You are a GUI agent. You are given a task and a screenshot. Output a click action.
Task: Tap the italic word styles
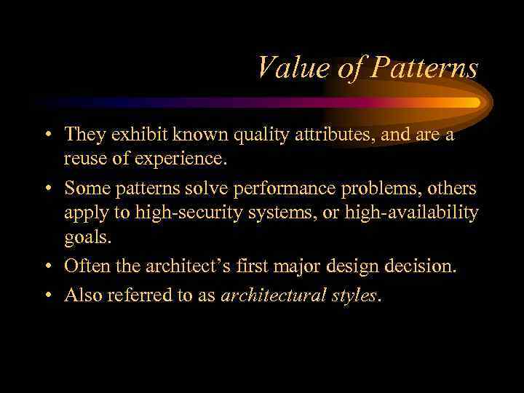[352, 295]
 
